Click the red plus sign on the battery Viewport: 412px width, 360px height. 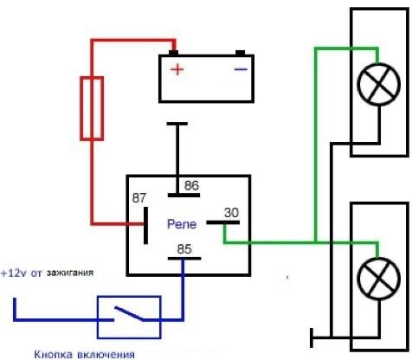(177, 69)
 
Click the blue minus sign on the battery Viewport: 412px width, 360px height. (241, 69)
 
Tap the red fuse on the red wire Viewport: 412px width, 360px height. (92, 108)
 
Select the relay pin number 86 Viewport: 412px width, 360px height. (191, 185)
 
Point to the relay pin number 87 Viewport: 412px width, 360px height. (139, 198)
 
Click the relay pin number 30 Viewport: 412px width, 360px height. (231, 213)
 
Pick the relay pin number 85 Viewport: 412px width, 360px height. (184, 249)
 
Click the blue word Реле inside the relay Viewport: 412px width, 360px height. (182, 224)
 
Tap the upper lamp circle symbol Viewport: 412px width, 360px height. (378, 84)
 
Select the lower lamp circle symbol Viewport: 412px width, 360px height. (378, 279)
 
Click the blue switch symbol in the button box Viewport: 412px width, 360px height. (129, 314)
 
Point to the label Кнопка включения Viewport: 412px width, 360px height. (84, 354)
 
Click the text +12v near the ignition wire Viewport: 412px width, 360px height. (13, 273)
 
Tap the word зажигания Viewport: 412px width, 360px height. (70, 273)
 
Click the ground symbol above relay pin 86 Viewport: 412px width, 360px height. (177, 124)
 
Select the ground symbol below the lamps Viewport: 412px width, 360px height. (312, 337)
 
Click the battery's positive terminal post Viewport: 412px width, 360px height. (173, 53)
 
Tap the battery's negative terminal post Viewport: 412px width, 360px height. (240, 53)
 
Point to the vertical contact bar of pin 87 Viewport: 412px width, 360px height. (145, 225)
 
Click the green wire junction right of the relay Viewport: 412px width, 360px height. (316, 241)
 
